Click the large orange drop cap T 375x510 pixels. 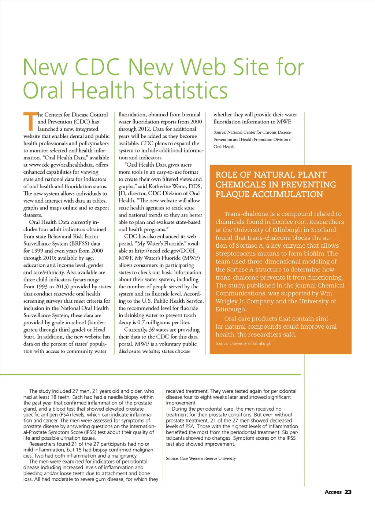pyautogui.click(x=30, y=122)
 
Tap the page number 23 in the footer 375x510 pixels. pyautogui.click(x=348, y=492)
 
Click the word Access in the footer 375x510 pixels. pyautogui.click(x=333, y=492)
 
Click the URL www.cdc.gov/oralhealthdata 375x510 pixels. pyautogui.click(x=61, y=165)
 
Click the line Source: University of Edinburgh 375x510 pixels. pyautogui.click(x=243, y=343)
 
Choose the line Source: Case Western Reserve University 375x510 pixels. pyautogui.click(x=201, y=458)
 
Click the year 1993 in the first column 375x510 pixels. pyautogui.click(x=42, y=287)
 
